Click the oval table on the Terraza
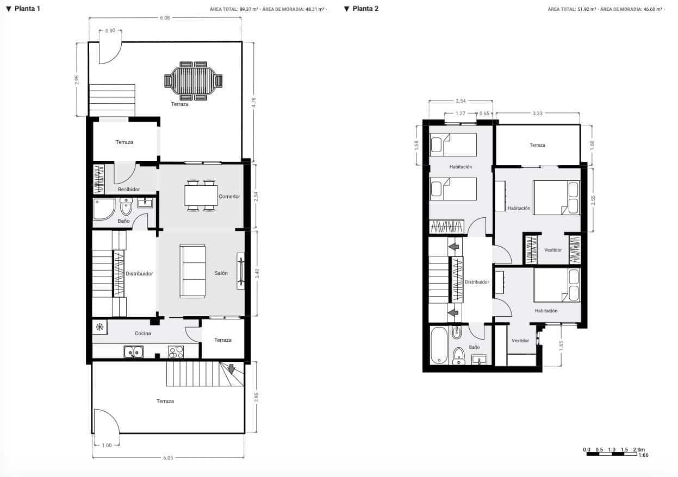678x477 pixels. [x=194, y=81]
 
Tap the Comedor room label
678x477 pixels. [x=229, y=196]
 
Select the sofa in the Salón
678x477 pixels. [x=193, y=271]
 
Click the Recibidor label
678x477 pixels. [x=129, y=190]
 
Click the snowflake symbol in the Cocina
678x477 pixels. [x=99, y=327]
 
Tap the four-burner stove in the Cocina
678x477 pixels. [x=176, y=352]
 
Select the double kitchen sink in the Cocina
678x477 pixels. [x=133, y=353]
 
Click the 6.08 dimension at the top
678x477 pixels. [x=165, y=18]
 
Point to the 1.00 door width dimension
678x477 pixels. [x=107, y=445]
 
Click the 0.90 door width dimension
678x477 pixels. [x=110, y=30]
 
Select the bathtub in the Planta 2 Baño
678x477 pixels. [x=438, y=345]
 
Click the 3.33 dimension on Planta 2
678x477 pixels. [x=537, y=113]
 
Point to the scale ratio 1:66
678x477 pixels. [x=643, y=455]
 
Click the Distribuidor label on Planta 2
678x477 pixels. [x=477, y=282]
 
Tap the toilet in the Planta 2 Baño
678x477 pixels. [x=459, y=355]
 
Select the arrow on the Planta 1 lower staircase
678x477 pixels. [x=231, y=369]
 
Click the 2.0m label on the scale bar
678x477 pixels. [x=639, y=450]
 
